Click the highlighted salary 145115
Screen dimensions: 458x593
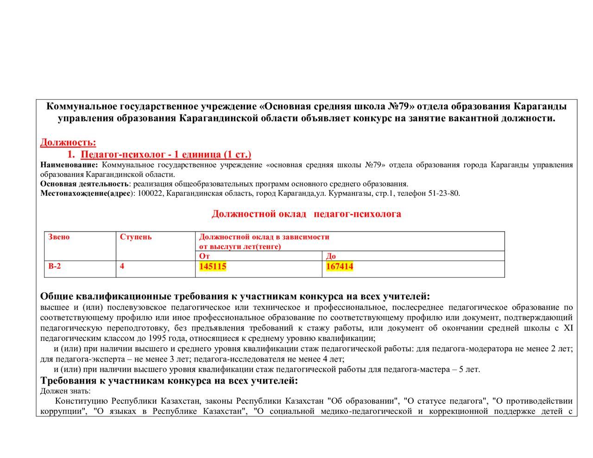pos(213,266)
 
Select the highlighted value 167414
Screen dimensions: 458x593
pos(340,266)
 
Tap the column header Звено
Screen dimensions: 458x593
pos(59,237)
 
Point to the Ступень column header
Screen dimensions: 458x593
pos(136,237)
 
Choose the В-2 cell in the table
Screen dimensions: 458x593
pos(54,266)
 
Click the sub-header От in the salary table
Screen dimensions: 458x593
pos(204,256)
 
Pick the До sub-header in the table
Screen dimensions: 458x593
pos(331,256)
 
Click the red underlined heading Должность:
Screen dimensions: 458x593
pos(68,142)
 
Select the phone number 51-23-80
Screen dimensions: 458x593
pos(444,194)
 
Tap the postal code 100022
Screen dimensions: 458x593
pos(150,194)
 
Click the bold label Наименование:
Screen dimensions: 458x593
pos(69,165)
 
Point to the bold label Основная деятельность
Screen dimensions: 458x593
pos(84,184)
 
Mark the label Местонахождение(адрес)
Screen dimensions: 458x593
pos(86,194)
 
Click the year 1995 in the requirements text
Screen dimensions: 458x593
pos(157,339)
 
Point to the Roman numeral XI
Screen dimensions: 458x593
pos(568,328)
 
